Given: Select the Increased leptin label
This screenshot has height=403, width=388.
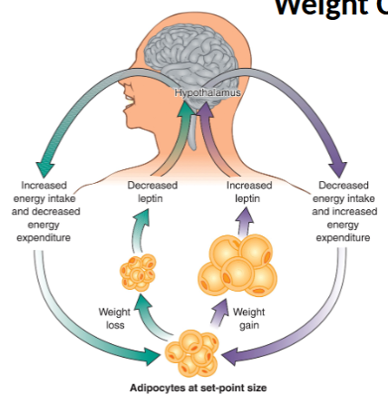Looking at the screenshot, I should (247, 190).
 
